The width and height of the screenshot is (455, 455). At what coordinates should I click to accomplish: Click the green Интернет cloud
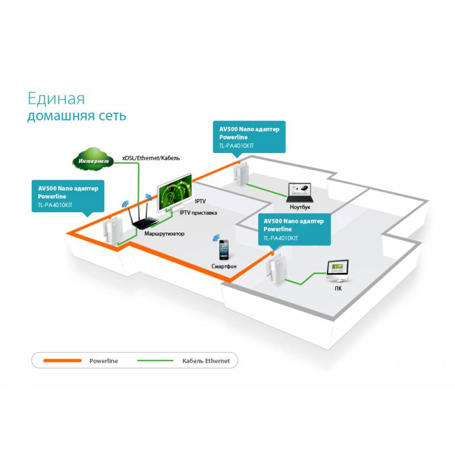(x=92, y=160)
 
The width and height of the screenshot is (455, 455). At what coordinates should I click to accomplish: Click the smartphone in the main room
(x=224, y=250)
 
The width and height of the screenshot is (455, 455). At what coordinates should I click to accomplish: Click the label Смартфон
(x=224, y=266)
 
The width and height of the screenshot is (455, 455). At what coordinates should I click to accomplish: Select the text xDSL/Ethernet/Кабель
(x=150, y=158)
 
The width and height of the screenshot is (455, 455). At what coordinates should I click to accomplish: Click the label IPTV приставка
(x=198, y=213)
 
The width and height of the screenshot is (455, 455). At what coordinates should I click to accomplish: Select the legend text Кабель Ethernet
(x=205, y=361)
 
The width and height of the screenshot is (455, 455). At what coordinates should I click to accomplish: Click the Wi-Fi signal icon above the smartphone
(x=216, y=237)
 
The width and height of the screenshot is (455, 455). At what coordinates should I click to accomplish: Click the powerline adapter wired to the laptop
(x=241, y=173)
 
